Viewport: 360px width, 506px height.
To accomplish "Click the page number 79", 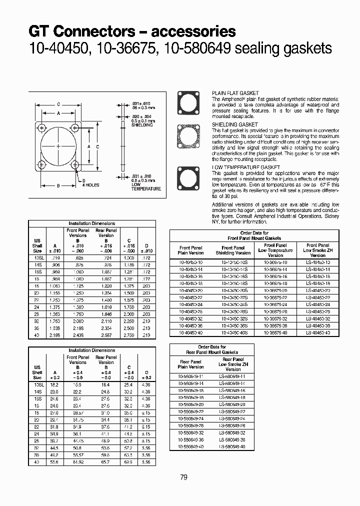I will click(x=183, y=477).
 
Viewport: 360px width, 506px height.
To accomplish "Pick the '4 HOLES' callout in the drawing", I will click(x=90, y=185).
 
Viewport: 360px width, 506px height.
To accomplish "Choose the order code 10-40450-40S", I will click(x=233, y=332).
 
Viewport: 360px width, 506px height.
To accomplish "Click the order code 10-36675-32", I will click(x=275, y=318).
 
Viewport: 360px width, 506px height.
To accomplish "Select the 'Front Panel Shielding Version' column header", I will click(x=233, y=250).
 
